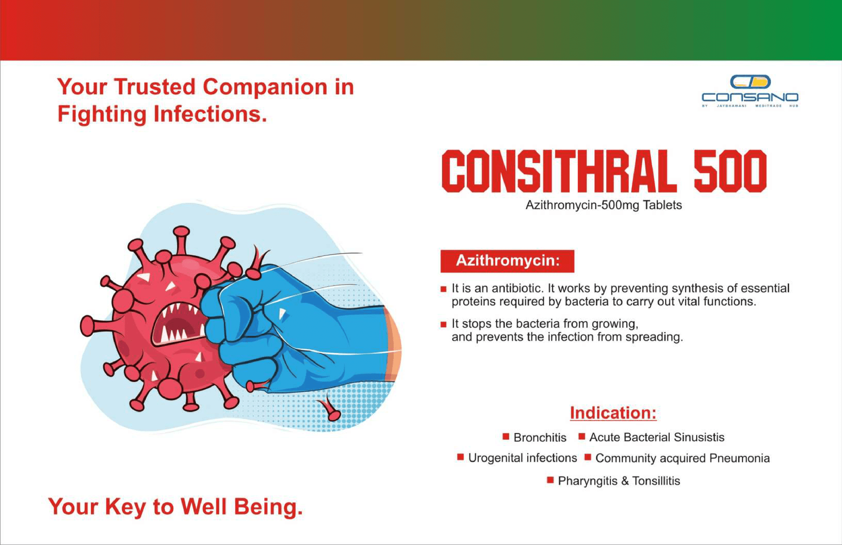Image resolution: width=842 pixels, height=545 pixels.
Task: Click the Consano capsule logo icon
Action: (750, 82)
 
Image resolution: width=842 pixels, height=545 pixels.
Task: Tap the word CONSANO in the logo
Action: (750, 97)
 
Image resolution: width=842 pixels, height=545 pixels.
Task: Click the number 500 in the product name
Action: (730, 171)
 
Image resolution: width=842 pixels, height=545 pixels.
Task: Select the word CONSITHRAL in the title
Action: (558, 171)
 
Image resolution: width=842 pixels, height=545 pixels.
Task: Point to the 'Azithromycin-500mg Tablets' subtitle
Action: (603, 205)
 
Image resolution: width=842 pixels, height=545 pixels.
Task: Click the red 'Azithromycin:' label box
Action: (507, 261)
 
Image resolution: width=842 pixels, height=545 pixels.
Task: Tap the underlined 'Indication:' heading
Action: (613, 413)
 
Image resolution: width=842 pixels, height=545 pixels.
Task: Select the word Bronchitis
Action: (540, 438)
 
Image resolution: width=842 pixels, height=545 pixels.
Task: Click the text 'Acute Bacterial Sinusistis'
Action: (657, 438)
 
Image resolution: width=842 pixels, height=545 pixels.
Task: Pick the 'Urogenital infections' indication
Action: (523, 458)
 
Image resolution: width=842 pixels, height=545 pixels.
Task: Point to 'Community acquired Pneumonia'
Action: (683, 459)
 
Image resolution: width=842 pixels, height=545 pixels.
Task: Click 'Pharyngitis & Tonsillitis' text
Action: (619, 481)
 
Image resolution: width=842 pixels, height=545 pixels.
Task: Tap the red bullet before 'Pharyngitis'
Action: (550, 480)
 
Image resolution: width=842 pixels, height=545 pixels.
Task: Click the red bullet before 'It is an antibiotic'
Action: (444, 289)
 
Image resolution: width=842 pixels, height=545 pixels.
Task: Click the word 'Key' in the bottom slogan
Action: (126, 508)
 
